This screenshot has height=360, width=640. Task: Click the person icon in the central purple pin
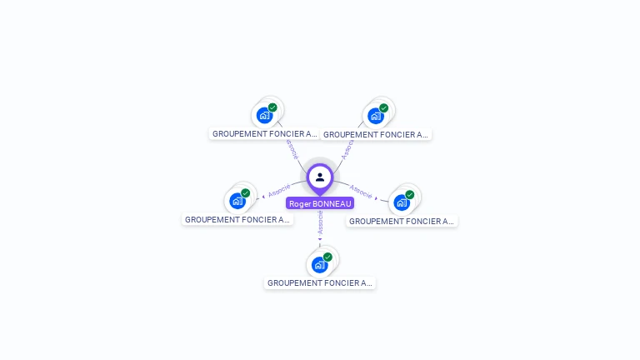pos(320,177)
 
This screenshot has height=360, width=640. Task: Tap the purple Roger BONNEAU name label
pos(320,203)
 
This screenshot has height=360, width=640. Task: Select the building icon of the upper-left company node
pos(264,116)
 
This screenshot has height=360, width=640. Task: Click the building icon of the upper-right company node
pos(375,116)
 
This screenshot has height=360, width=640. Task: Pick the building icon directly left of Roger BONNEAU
pos(237,201)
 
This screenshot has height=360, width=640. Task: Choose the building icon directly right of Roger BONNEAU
pos(401,202)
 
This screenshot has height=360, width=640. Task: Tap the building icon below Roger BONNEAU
pos(319,265)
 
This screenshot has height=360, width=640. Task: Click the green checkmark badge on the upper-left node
pos(272,107)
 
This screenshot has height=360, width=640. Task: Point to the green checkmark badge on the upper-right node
pos(383,107)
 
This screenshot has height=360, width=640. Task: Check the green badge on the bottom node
pos(327,257)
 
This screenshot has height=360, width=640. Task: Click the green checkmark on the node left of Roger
pos(245,192)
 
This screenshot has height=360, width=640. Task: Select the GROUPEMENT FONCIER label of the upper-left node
pos(264,133)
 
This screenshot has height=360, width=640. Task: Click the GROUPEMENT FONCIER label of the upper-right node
pos(376,134)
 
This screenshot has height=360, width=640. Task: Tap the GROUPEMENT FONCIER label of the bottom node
pos(320,283)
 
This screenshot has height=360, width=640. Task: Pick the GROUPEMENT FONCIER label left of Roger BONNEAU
pos(237,220)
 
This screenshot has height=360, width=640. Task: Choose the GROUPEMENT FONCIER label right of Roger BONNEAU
pos(402,222)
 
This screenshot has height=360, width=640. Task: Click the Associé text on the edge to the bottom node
pos(320,221)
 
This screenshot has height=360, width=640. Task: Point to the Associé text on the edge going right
pos(361,191)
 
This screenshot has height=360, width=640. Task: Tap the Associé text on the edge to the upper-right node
pos(348,148)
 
